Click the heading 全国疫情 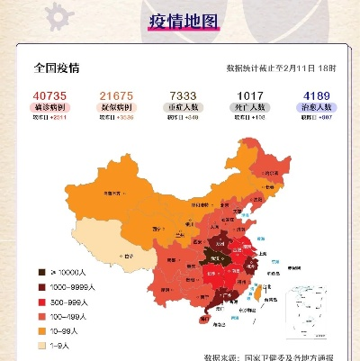point(57,68)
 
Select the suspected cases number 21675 point(117,95)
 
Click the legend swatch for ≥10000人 point(40,271)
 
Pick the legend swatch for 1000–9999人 point(40,286)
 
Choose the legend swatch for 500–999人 point(40,301)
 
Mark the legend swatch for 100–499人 point(40,315)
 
